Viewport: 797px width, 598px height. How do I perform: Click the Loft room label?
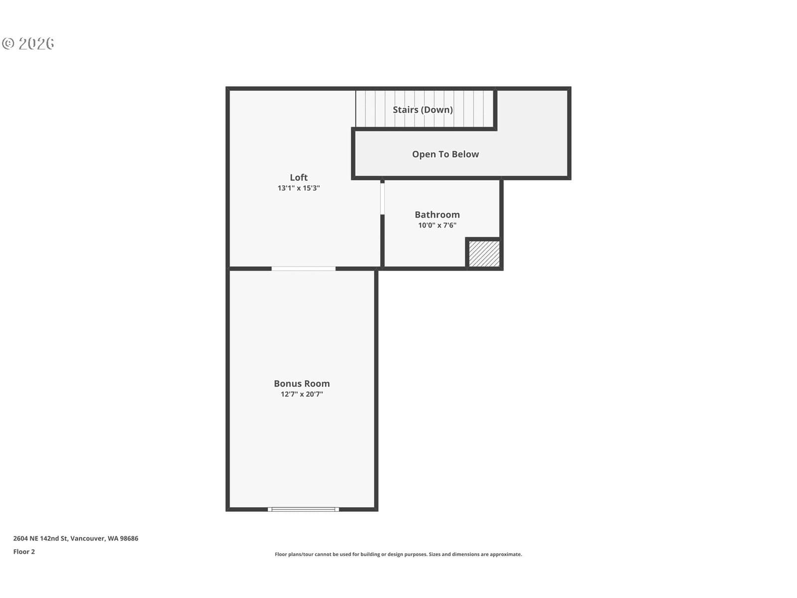(298, 177)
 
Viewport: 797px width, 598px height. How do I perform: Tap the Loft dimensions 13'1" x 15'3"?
(298, 188)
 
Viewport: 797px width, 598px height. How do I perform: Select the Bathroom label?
(437, 215)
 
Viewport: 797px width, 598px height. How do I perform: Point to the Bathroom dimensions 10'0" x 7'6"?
(437, 225)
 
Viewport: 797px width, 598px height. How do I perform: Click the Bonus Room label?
(302, 383)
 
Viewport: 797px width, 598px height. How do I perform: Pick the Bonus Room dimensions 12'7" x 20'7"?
(302, 394)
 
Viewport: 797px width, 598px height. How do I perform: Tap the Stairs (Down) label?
(422, 110)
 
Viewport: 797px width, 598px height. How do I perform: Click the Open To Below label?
(445, 154)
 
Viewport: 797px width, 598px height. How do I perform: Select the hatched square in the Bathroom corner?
(484, 254)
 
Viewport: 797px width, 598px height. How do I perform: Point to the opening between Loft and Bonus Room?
(303, 269)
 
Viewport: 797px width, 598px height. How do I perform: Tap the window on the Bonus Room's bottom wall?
(303, 509)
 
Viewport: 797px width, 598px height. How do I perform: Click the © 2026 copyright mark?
(28, 43)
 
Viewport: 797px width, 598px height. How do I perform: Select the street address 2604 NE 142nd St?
(40, 539)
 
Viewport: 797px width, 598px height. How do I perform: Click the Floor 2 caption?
(24, 552)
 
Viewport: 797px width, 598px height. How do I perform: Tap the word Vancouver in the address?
(87, 539)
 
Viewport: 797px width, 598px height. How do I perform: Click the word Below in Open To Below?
(465, 154)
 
